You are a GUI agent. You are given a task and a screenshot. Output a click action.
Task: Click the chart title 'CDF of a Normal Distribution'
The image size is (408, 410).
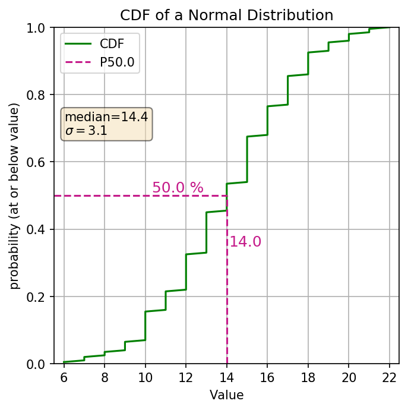tap(226, 15)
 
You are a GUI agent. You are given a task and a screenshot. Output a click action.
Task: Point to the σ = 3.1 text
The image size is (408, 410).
tap(86, 131)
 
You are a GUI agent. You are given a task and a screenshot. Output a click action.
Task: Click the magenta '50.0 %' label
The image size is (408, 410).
tap(178, 188)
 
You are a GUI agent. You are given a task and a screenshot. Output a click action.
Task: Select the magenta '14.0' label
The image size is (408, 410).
tap(245, 242)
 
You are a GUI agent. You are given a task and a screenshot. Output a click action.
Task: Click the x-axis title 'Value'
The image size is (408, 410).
tap(226, 395)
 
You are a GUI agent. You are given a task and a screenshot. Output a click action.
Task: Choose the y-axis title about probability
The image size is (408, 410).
tap(14, 196)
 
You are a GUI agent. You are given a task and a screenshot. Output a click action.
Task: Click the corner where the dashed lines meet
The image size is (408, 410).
tap(227, 195)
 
